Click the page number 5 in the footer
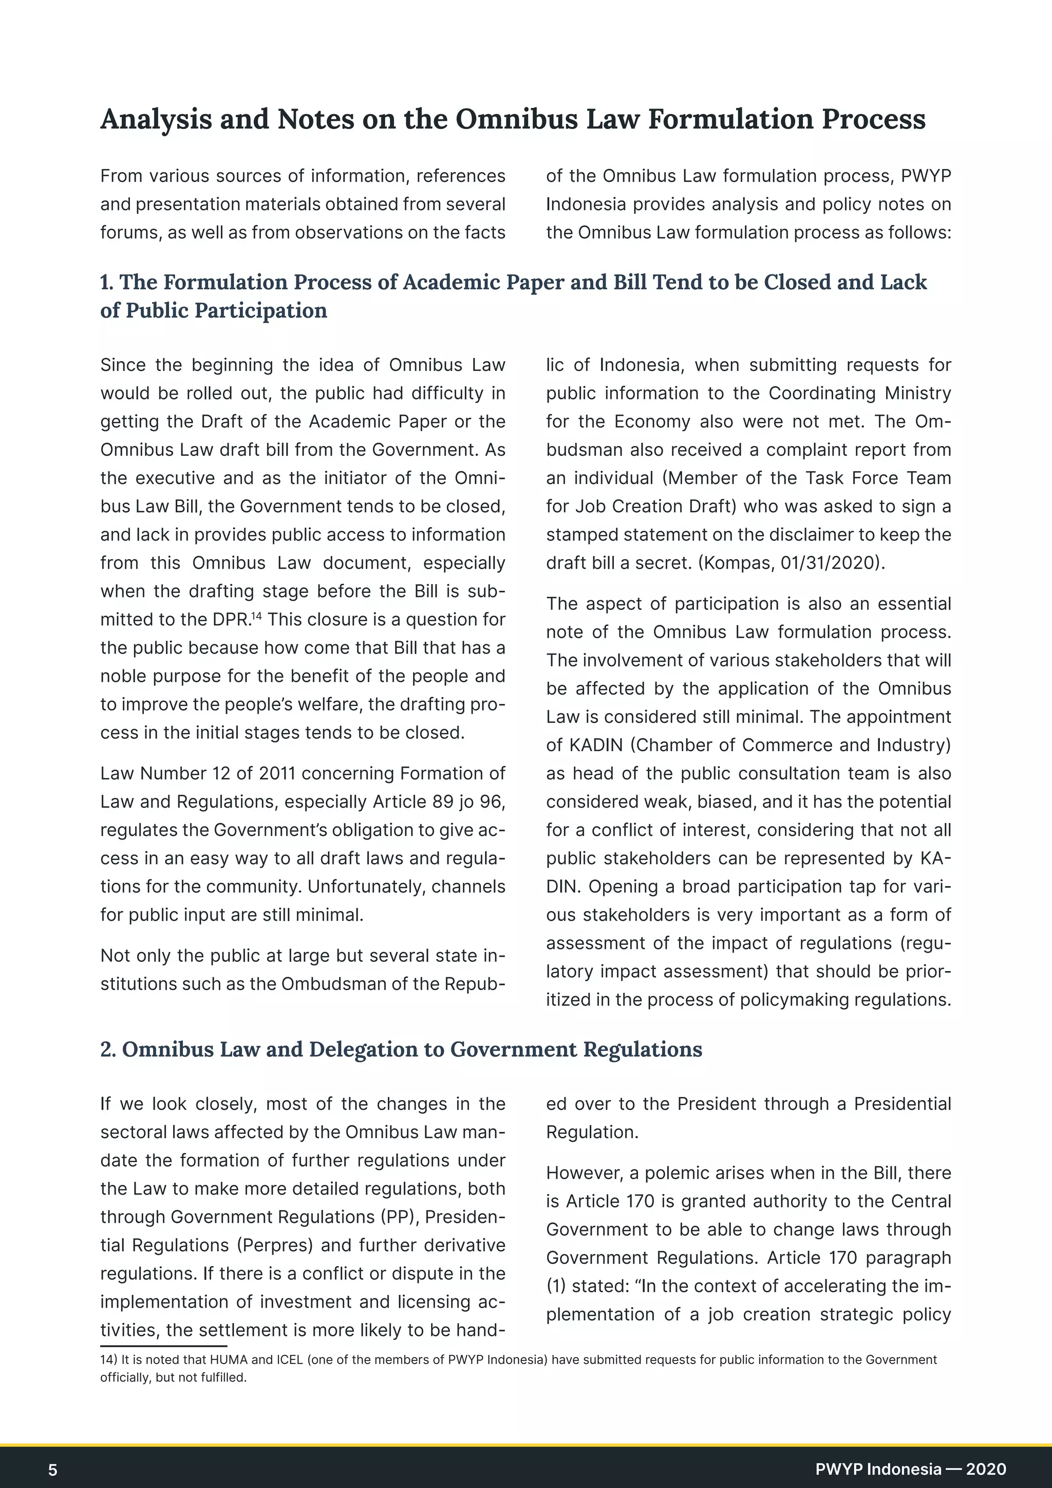tap(53, 1469)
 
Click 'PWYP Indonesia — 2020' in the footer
tap(910, 1468)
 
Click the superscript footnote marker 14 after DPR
tap(256, 615)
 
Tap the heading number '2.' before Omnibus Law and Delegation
tap(108, 1049)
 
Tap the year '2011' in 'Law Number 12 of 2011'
tap(276, 773)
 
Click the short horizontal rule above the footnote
tap(163, 1346)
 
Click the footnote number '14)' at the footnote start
tap(109, 1360)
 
